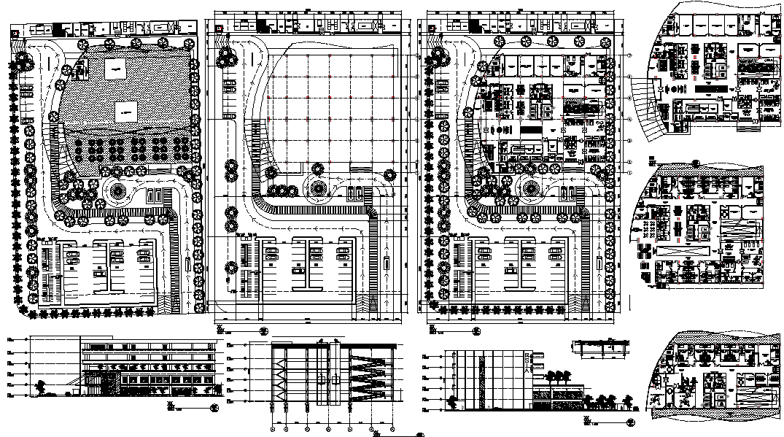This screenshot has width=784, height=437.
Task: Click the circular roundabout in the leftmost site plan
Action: coord(116,193)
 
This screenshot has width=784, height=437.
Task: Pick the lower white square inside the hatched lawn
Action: coord(125,112)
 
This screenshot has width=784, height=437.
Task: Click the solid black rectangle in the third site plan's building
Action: coord(531,129)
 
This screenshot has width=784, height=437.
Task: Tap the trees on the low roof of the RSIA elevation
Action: coord(559,376)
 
